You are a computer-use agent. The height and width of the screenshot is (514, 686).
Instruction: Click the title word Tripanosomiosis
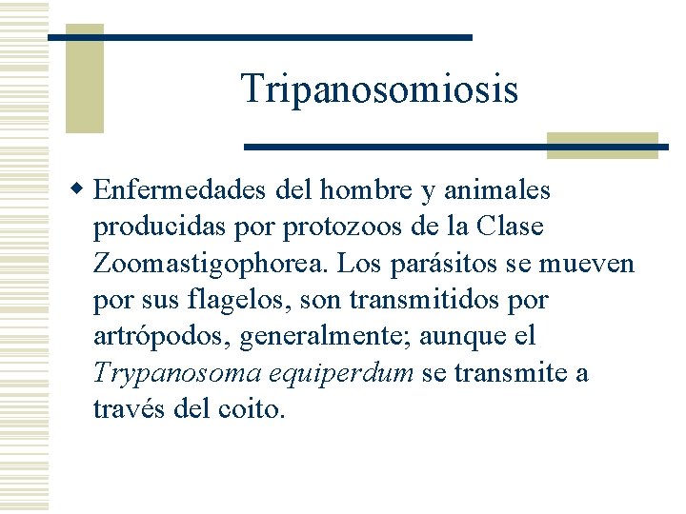tap(379, 89)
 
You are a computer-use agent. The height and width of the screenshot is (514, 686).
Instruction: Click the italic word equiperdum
tap(342, 373)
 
